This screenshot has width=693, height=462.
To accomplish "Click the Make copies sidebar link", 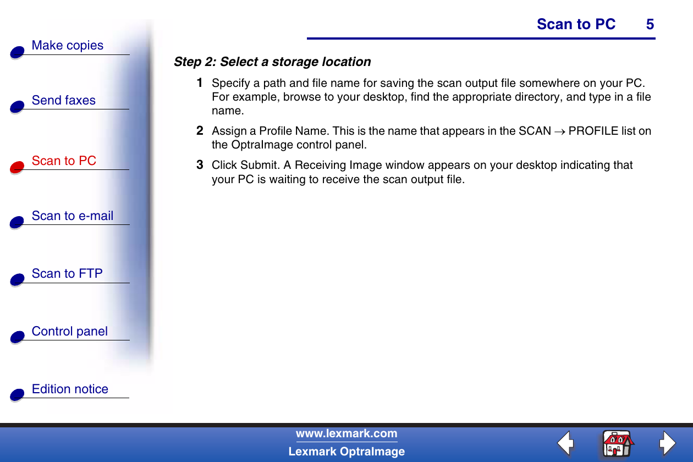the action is point(68,46).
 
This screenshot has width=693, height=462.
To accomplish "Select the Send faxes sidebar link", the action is point(63,100).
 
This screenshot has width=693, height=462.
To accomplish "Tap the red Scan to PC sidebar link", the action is point(64,161).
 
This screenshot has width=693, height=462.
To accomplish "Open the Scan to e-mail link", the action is point(73,216).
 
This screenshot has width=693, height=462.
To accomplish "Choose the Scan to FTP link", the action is point(67,273).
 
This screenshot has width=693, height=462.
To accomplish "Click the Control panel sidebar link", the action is point(70,331).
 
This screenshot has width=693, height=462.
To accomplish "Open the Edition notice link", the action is point(70,389).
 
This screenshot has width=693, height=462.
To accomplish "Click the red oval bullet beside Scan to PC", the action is point(17,167).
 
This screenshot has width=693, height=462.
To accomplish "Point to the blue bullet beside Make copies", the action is point(17,52).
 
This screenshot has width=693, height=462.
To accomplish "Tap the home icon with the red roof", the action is point(617,444).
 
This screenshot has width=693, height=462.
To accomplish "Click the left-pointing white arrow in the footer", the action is point(565,443).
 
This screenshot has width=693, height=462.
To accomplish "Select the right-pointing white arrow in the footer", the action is point(668,443).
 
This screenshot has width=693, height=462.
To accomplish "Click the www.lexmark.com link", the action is point(346,434).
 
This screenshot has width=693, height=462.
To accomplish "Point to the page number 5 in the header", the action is point(650,24).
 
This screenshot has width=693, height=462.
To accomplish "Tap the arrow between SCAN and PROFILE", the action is point(560,132).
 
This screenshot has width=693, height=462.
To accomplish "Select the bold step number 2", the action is point(200,130).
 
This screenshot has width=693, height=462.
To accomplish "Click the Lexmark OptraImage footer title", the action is point(346,452).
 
